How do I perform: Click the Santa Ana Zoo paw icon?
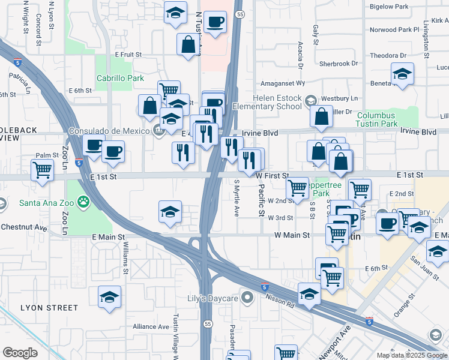pos(82,202)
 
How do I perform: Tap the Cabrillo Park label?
pos(120,78)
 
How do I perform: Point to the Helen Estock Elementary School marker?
pos(310,100)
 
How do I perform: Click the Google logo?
pos(20,353)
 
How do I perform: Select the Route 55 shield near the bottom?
pos(207,323)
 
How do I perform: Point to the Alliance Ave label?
pos(151,326)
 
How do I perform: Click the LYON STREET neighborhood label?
pos(49,308)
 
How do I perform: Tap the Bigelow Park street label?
pos(389,7)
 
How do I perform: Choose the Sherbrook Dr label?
pos(339,63)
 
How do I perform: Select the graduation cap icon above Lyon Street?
pos(109,296)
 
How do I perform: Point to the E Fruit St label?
pos(128,54)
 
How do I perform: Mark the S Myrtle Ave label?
pos(237,198)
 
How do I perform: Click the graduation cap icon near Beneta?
pos(402,74)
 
